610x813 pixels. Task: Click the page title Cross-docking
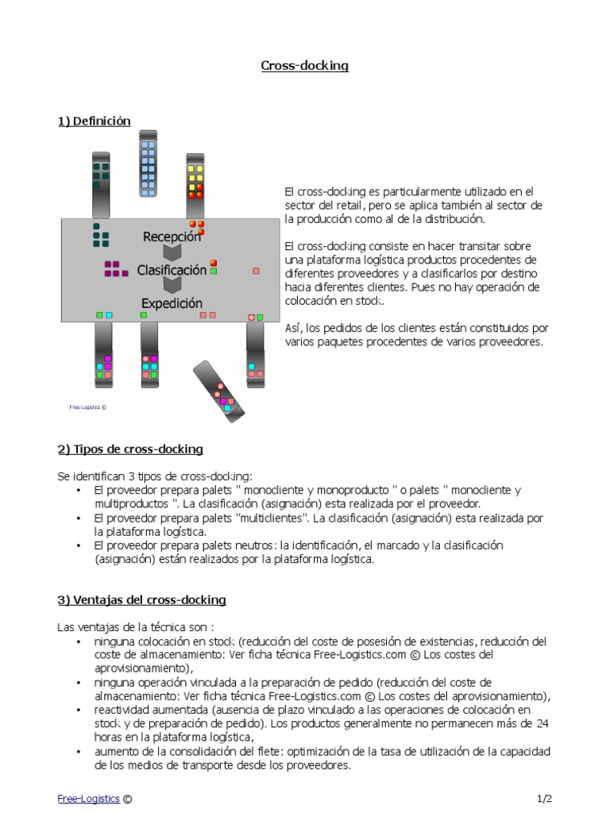tap(305, 66)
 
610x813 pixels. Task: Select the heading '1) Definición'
tap(94, 121)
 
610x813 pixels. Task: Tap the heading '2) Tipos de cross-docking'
tap(130, 449)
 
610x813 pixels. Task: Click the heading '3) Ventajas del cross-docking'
tap(141, 599)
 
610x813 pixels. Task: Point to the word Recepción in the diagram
tap(172, 237)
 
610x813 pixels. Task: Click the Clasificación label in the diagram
tap(172, 270)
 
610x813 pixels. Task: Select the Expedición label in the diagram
tap(172, 303)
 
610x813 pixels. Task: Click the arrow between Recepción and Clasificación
tap(172, 253)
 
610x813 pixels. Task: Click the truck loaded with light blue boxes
tap(148, 164)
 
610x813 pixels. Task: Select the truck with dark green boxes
tap(101, 183)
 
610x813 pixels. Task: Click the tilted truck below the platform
tap(219, 389)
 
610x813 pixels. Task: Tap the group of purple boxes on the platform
tap(116, 268)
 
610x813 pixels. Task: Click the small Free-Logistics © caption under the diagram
tap(87, 406)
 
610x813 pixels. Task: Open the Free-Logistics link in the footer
tap(88, 798)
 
